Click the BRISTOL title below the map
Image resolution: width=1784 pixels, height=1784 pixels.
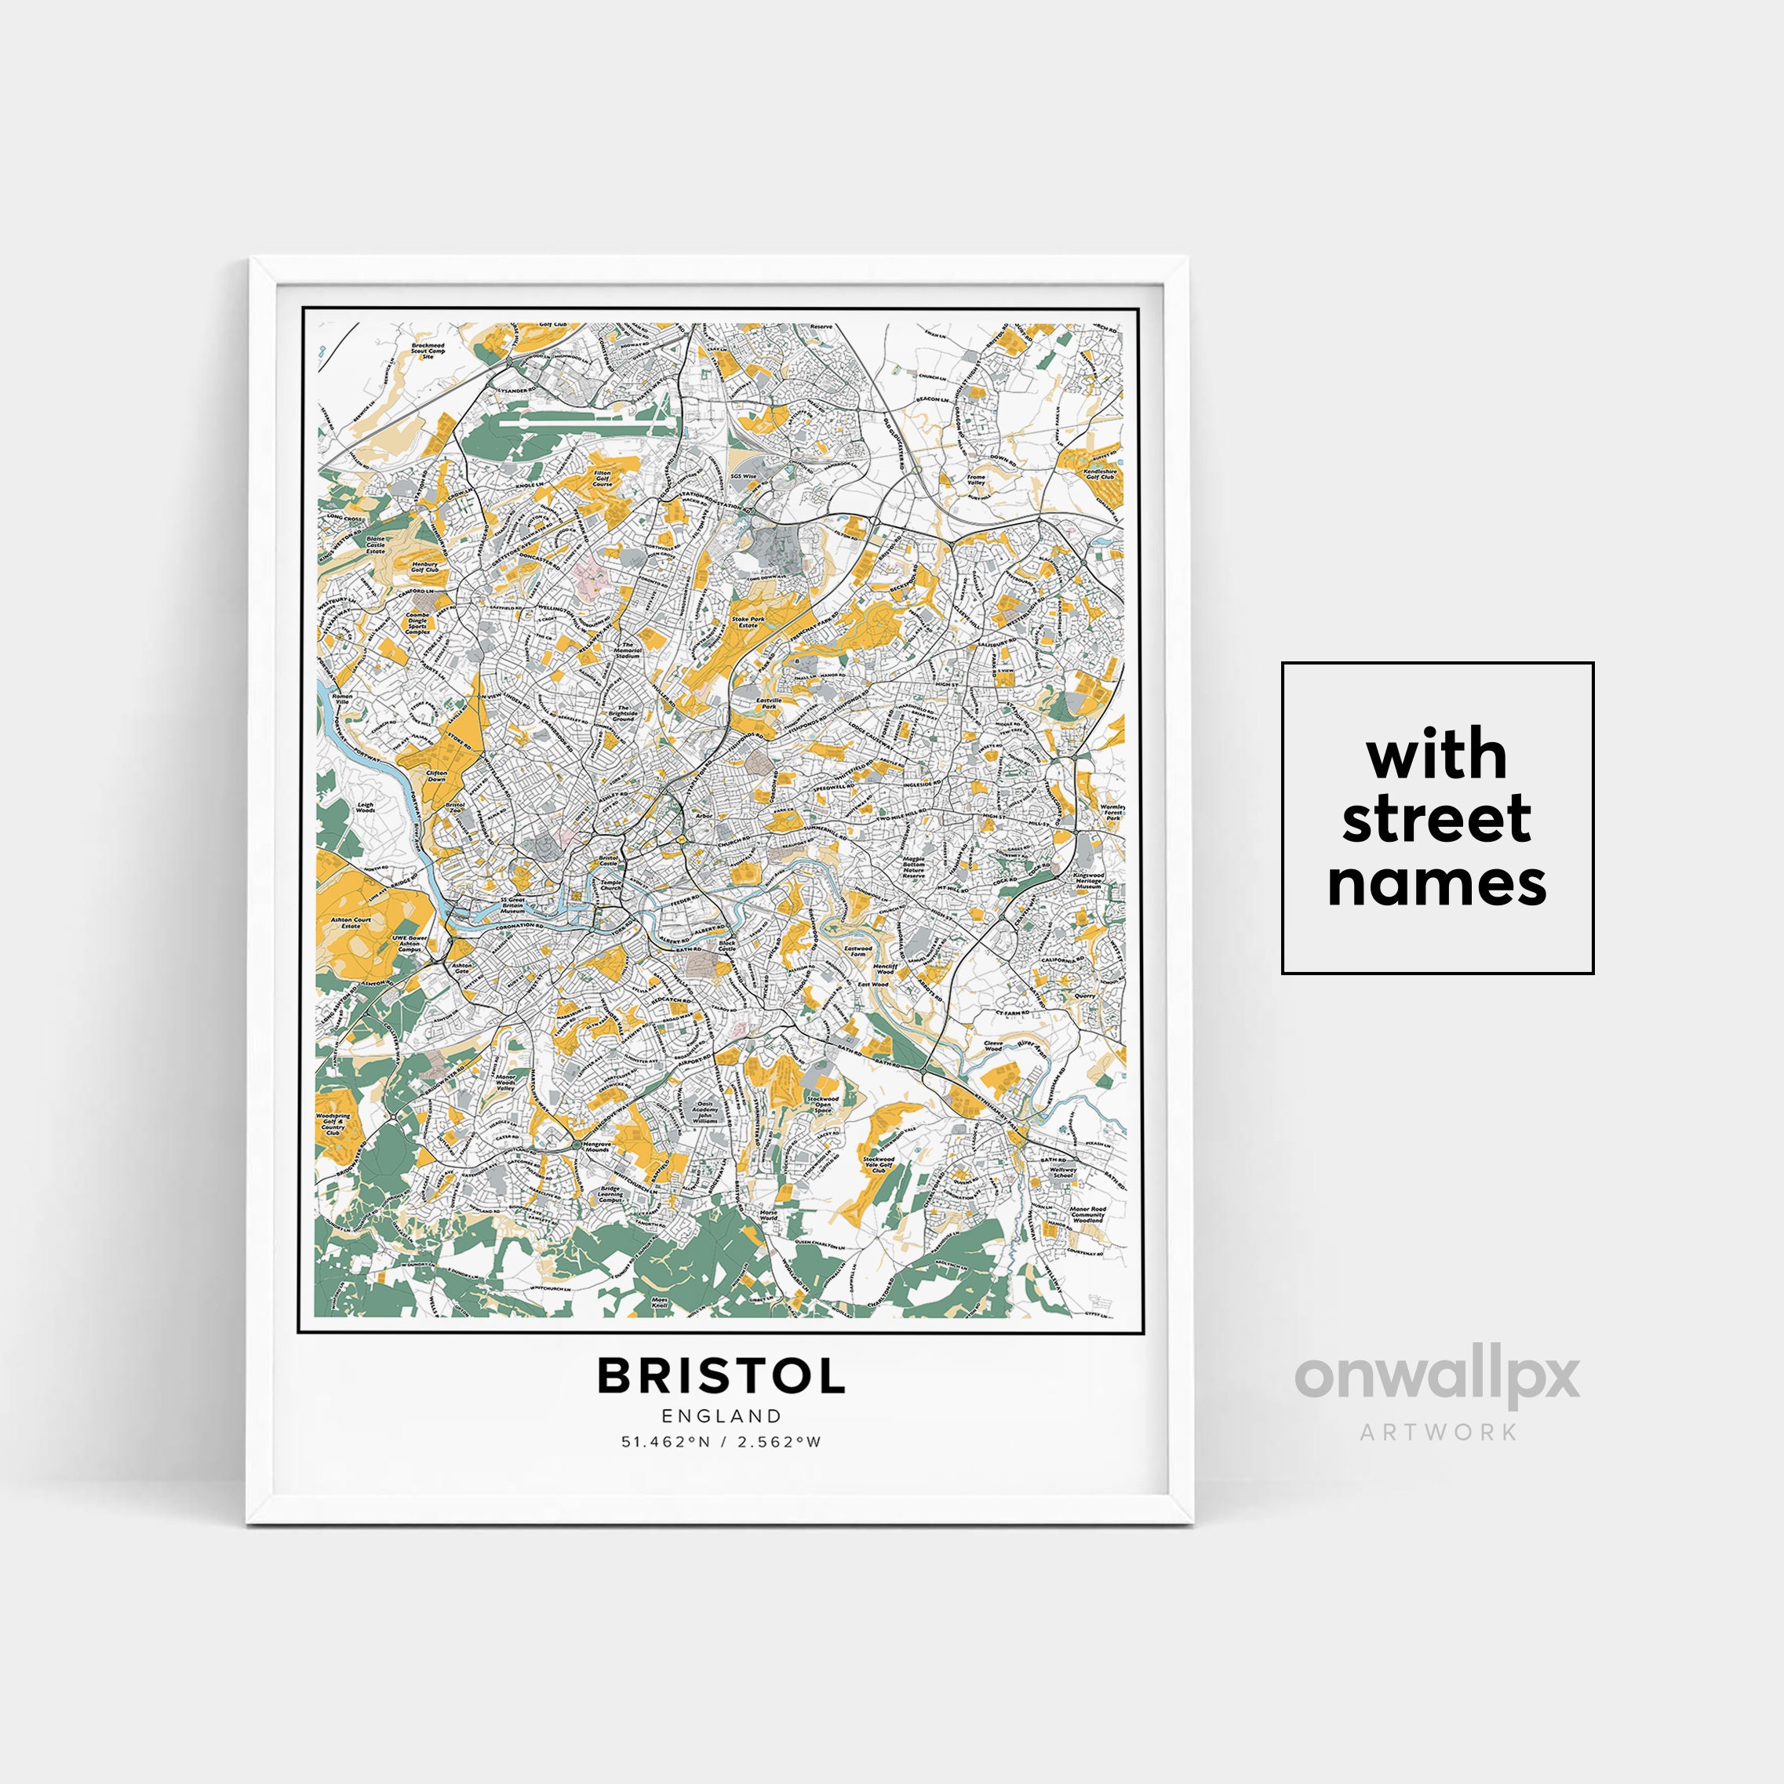point(720,1377)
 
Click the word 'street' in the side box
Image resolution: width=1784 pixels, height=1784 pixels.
point(1436,819)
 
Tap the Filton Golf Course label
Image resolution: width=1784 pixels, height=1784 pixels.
point(602,478)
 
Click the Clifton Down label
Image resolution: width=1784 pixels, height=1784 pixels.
point(436,776)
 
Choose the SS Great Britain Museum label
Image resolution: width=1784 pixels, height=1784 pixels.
point(512,905)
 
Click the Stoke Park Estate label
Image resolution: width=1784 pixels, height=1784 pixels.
point(748,622)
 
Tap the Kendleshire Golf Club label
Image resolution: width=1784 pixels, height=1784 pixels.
point(1100,474)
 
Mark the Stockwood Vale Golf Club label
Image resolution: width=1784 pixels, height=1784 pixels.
point(878,1164)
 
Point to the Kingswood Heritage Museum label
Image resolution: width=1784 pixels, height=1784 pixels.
point(1089,880)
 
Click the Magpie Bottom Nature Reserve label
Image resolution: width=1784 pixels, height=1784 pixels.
point(914,867)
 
